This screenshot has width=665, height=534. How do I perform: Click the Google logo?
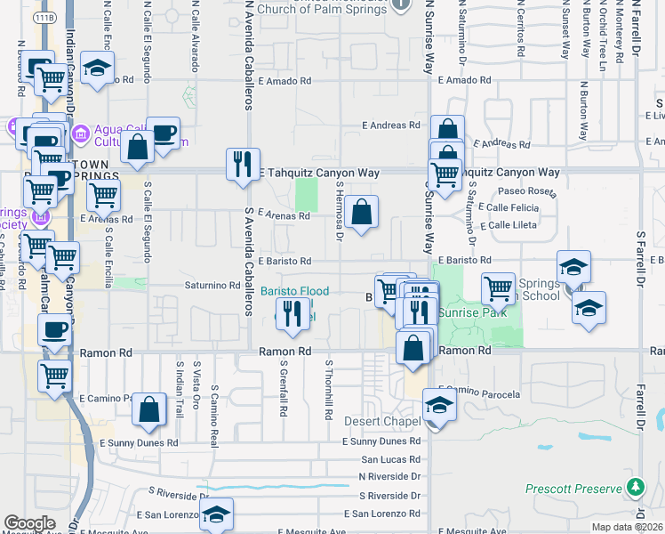[29, 523]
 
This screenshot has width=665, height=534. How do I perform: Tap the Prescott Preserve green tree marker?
[635, 488]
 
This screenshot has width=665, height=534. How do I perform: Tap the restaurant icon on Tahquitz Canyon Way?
[243, 164]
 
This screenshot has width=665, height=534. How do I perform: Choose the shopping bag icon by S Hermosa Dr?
[361, 213]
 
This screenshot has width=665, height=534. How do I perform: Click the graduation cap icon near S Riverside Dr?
[215, 514]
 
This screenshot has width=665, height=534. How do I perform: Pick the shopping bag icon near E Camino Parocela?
[149, 409]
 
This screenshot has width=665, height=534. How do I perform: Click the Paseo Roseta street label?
[526, 191]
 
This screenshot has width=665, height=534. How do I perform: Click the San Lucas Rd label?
[390, 460]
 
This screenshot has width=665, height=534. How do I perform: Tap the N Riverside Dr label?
[389, 476]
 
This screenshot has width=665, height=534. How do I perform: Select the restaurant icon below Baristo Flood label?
[292, 315]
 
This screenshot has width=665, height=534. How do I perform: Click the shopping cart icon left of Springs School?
[498, 288]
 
